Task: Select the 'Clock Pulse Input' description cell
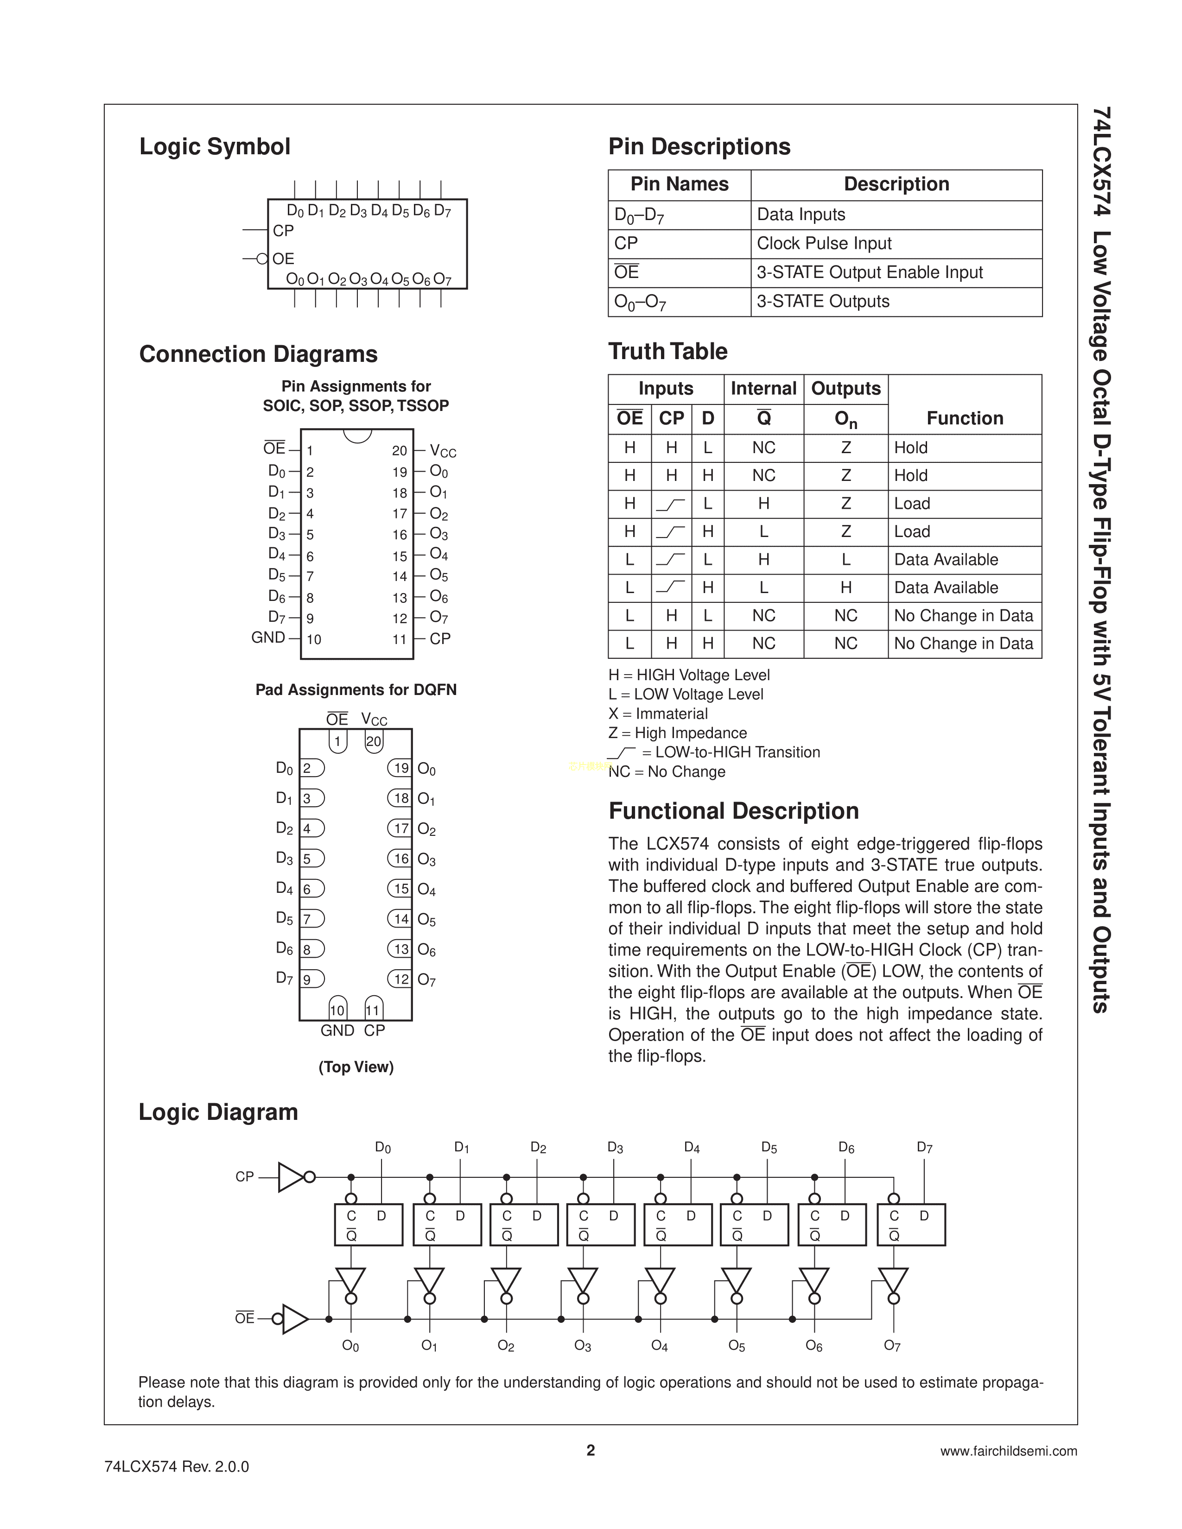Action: [x=824, y=244]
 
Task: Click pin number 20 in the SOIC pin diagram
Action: [x=399, y=451]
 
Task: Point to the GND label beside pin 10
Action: [x=268, y=638]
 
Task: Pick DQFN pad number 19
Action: [x=400, y=768]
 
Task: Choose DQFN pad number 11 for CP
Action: [x=373, y=1010]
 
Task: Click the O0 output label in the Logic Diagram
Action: [x=350, y=1346]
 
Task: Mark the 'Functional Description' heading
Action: [x=733, y=811]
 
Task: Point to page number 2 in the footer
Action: [x=590, y=1450]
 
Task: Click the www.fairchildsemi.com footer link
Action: [x=1008, y=1451]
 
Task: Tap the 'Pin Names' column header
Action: [x=679, y=184]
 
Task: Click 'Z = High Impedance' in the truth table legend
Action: [x=677, y=733]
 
